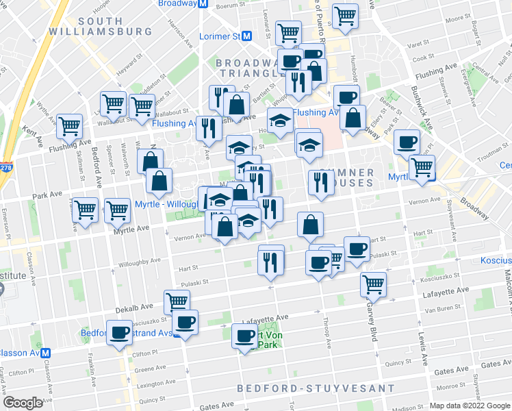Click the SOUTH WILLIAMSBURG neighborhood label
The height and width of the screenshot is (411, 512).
click(114, 26)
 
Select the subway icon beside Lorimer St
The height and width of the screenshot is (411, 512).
click(246, 36)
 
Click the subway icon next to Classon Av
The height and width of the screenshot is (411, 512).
click(46, 353)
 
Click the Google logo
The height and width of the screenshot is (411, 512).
click(23, 403)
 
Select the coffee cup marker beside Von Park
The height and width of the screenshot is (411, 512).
click(245, 335)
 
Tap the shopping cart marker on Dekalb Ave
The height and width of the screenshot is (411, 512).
click(177, 300)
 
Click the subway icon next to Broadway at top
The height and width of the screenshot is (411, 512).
click(203, 3)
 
